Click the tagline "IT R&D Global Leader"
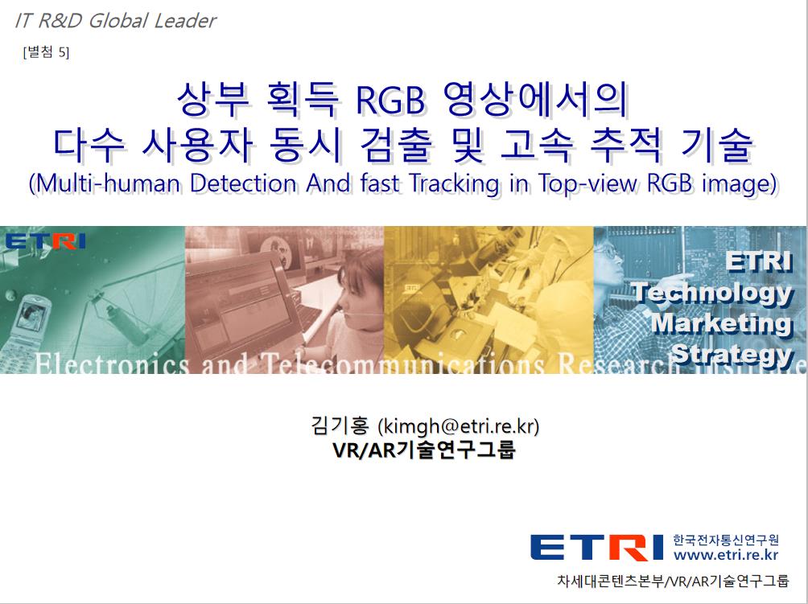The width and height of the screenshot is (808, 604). [x=115, y=21]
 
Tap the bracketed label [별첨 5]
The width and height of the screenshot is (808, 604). [x=46, y=52]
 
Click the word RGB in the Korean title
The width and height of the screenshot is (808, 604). [x=390, y=100]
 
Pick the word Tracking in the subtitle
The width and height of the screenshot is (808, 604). [x=455, y=184]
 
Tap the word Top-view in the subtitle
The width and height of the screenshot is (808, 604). [x=588, y=184]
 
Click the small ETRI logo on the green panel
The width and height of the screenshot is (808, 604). [x=45, y=241]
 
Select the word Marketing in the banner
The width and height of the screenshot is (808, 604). [x=721, y=323]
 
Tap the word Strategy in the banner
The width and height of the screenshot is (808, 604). [x=732, y=354]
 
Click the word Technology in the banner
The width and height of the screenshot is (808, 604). [x=712, y=293]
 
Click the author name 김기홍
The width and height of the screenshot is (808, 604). [x=340, y=425]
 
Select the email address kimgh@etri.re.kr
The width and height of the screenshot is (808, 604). [x=459, y=426]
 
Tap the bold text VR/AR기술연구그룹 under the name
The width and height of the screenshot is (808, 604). [x=424, y=450]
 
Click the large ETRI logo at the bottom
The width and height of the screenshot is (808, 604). [x=596, y=547]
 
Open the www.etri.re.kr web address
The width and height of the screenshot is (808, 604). [x=726, y=555]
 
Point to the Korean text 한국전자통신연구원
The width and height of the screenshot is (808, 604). [x=726, y=540]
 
